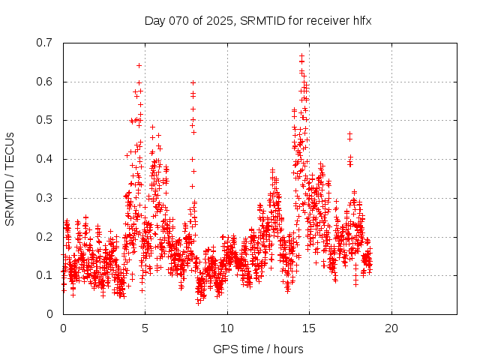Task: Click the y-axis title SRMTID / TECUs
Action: point(10,178)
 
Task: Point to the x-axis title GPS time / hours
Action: point(258,349)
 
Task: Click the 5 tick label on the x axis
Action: point(145,328)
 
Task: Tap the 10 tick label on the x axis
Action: point(227,328)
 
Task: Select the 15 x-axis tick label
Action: point(309,328)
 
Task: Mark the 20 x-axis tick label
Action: point(391,328)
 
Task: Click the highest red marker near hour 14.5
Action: point(301,56)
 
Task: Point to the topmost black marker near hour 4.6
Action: point(139,65)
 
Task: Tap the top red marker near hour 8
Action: point(193,82)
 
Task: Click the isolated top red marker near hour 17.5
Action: point(349,134)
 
